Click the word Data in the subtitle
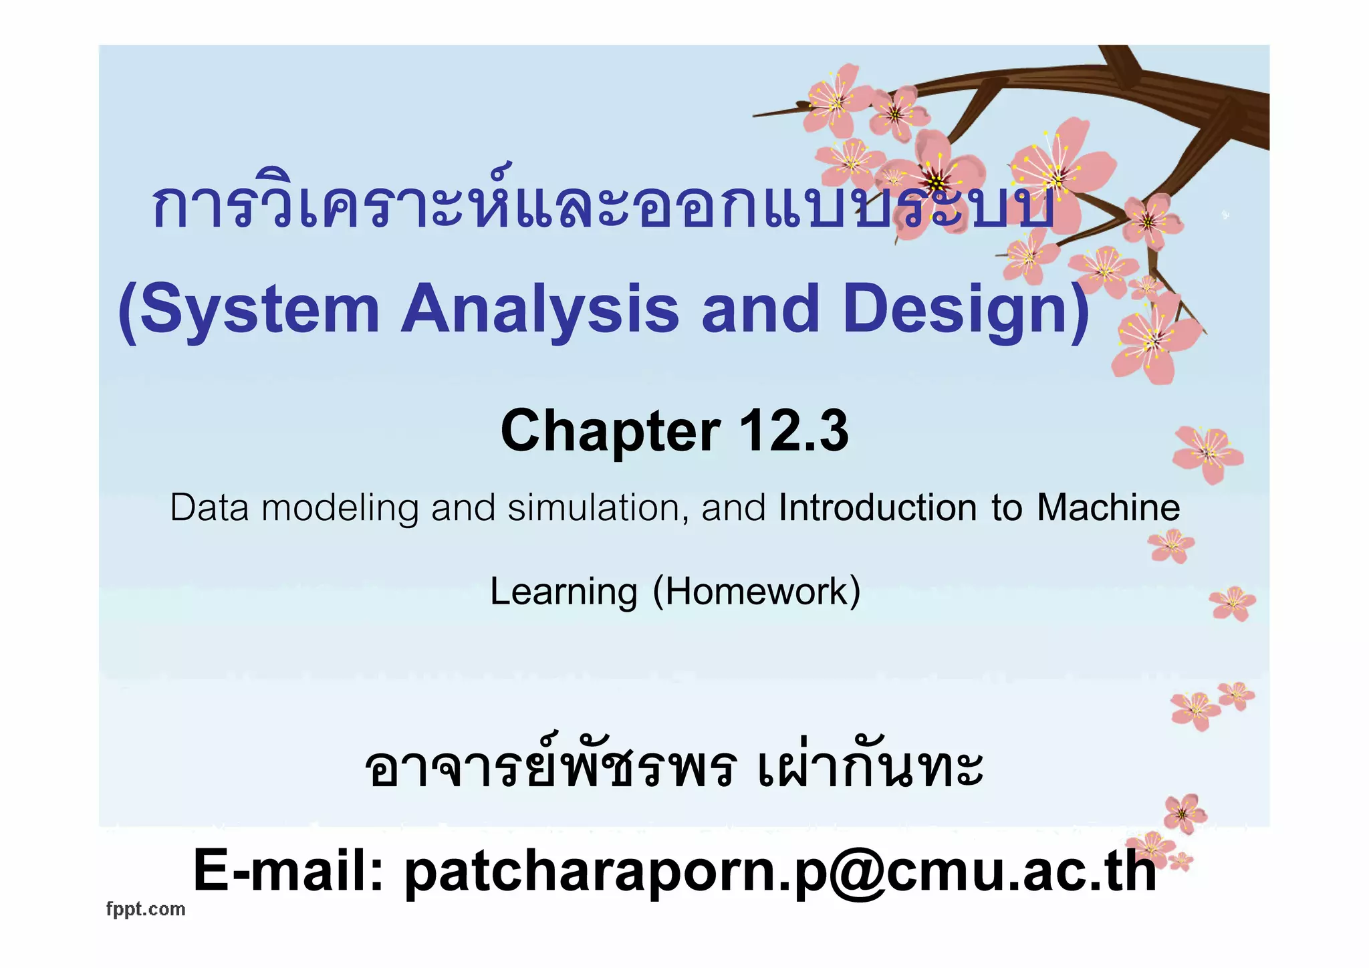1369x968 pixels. tap(211, 507)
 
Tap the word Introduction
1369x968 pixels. tap(877, 507)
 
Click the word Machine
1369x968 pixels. tap(1108, 507)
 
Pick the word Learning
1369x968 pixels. tap(564, 592)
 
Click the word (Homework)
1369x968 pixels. tap(756, 592)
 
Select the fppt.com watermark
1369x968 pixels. tap(146, 909)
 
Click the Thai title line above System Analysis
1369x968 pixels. tap(602, 204)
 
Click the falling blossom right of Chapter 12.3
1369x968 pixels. tap(1208, 453)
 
